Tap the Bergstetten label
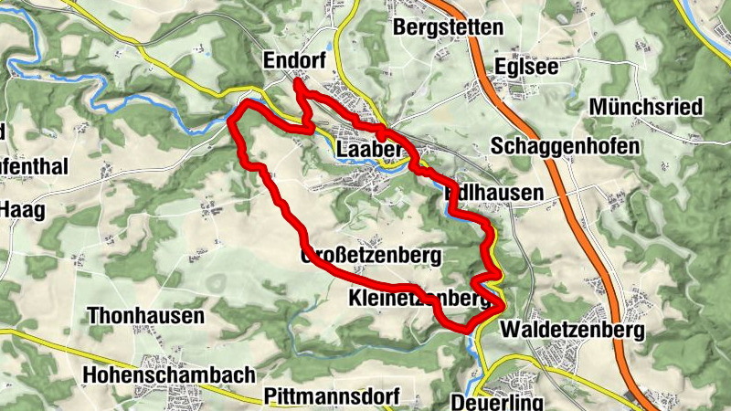tap(448, 27)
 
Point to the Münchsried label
tap(646, 107)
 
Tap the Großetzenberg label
tap(371, 255)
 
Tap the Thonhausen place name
tap(145, 316)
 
